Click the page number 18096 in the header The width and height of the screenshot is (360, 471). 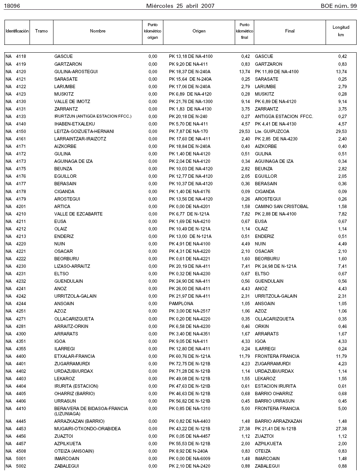12,6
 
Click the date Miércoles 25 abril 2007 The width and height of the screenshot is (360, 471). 180,6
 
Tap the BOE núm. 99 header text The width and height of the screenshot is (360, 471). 338,6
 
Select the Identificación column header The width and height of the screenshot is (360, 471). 17,31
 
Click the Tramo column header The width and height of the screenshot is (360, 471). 41,31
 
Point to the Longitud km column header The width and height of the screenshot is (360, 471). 341,31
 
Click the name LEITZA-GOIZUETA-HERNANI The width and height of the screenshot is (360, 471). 84,131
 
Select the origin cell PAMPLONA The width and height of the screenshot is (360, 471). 181,304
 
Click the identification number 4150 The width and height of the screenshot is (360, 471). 21,131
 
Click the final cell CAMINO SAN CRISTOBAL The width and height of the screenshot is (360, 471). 281,207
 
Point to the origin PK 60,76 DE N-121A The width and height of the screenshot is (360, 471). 190,356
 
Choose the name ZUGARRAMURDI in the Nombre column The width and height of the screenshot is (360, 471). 73,364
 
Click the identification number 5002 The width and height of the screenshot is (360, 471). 21,466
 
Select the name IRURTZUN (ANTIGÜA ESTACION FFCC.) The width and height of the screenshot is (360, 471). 93,117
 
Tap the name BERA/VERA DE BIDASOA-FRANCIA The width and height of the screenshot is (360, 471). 91,409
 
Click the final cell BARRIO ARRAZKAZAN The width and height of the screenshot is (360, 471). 278,421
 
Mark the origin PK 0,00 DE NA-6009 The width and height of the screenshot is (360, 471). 190,459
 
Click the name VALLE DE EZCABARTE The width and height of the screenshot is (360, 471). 78,214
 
